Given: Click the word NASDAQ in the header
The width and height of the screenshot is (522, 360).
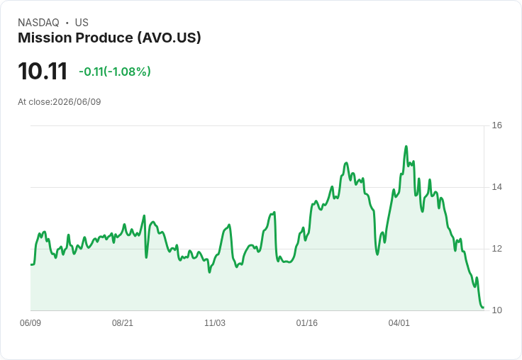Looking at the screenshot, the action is coord(38,23).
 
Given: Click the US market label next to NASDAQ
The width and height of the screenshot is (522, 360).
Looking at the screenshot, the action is coord(82,23).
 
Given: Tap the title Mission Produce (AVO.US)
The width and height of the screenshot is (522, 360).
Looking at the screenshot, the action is coord(109,38).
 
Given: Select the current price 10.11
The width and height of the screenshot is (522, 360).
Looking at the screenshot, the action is coord(43,71).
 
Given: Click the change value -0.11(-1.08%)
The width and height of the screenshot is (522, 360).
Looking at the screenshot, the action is coord(115,72).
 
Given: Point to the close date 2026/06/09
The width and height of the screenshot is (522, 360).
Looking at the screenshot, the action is coord(77,102).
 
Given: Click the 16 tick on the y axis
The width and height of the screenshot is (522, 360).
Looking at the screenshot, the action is coord(496,125).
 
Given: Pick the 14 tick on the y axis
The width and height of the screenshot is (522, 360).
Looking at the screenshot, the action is coord(496,187).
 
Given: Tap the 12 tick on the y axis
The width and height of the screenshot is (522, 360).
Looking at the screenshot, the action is coord(496,249).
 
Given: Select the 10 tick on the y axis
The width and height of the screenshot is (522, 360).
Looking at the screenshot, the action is coord(496,310).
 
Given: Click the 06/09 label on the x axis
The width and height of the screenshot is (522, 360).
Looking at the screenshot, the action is coord(30,323).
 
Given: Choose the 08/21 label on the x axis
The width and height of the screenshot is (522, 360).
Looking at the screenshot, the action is coord(123,323).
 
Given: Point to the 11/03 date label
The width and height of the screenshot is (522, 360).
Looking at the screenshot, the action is coord(215,323).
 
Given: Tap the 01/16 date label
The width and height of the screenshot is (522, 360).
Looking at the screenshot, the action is coord(307,323).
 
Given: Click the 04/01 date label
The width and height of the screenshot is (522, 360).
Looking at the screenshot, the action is coord(399,323).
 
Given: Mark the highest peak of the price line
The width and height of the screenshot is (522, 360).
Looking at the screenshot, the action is coord(406,147).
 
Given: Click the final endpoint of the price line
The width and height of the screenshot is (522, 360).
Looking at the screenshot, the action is coord(484,308).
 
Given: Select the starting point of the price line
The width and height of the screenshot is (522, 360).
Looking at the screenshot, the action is coord(31,265).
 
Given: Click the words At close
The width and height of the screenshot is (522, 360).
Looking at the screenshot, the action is coord(34,102).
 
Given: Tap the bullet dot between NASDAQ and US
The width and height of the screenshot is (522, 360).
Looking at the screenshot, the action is coord(67,23).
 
